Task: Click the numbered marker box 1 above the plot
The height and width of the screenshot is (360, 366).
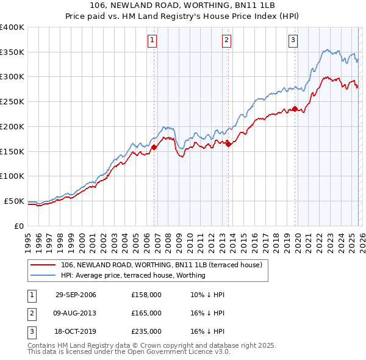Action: pos(152,41)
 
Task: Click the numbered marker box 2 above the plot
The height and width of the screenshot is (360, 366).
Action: pos(226,41)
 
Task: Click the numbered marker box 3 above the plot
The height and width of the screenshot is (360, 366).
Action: pos(293,41)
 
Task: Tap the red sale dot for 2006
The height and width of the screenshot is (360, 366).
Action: pos(154,147)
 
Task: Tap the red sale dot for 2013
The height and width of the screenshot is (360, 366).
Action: pos(228,144)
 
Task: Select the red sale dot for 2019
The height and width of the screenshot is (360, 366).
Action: pos(295,109)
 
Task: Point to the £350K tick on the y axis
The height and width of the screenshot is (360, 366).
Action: pos(12,52)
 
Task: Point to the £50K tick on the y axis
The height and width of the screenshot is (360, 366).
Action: pos(14,201)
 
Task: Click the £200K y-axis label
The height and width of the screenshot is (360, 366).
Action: pos(12,126)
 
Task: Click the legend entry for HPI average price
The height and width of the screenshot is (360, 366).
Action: pos(133,275)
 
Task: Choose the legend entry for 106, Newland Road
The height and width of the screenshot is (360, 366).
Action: pos(161,265)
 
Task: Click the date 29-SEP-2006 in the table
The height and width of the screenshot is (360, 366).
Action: pos(76,295)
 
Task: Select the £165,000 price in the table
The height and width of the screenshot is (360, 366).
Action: pos(146,313)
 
